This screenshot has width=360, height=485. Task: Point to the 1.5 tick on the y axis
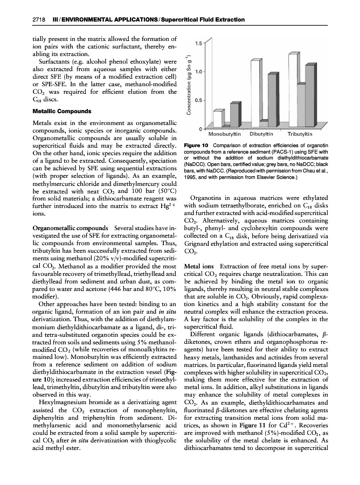click(x=198, y=43)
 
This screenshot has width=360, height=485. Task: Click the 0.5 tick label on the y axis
click(x=198, y=101)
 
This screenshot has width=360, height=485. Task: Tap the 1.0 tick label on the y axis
click(x=198, y=72)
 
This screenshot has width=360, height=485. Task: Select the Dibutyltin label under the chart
click(x=262, y=134)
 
